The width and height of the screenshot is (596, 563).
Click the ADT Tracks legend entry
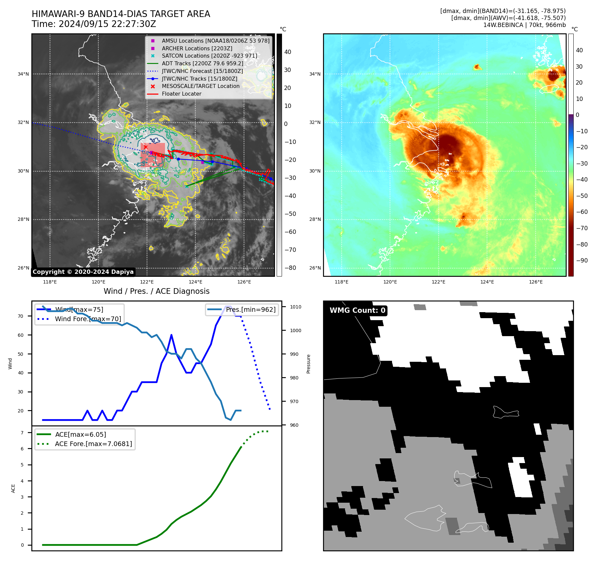202,63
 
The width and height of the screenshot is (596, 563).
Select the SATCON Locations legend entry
209,56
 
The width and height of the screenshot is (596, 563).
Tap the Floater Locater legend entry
181,94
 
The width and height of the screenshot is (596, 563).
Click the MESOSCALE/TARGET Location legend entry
200,86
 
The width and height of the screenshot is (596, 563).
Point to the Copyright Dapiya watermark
83,272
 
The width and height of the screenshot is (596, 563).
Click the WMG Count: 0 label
357,310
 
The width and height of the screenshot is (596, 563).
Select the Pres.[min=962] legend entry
250,309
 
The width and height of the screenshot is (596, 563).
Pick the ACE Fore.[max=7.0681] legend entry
93,444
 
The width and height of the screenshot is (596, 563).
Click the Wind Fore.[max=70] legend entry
88,319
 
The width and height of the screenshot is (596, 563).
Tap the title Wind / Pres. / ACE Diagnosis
156,291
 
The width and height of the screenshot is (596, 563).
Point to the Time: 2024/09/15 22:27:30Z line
94,24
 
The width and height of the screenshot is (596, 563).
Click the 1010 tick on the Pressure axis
295,307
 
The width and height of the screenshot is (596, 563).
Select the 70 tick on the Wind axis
21,316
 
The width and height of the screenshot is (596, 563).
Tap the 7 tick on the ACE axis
22,433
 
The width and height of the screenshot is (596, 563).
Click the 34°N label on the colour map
315,74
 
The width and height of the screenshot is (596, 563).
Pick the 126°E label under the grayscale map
244,282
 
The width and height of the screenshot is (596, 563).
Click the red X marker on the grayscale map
146,147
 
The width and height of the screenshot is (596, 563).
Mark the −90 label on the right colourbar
582,261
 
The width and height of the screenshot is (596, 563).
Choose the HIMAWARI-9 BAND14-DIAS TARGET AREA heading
121,14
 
